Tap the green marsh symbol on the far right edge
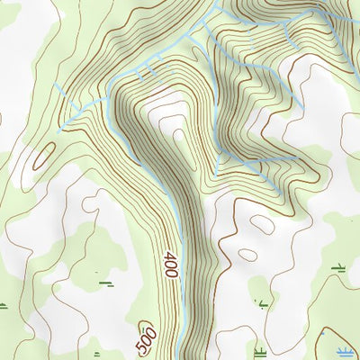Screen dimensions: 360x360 point(340,266)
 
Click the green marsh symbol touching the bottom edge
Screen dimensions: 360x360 point(259,351)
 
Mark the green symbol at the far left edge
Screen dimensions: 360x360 point(3,306)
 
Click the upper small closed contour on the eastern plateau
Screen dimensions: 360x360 point(263,224)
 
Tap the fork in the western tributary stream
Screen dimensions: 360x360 point(88,106)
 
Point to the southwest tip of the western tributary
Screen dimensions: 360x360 point(59,131)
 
